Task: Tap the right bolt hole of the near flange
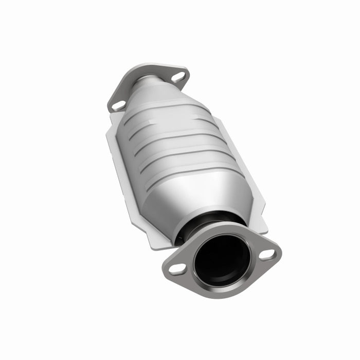pyautogui.click(x=267, y=254)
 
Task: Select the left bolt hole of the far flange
pyautogui.click(x=118, y=105)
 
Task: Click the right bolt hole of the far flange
pyautogui.click(x=177, y=78)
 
